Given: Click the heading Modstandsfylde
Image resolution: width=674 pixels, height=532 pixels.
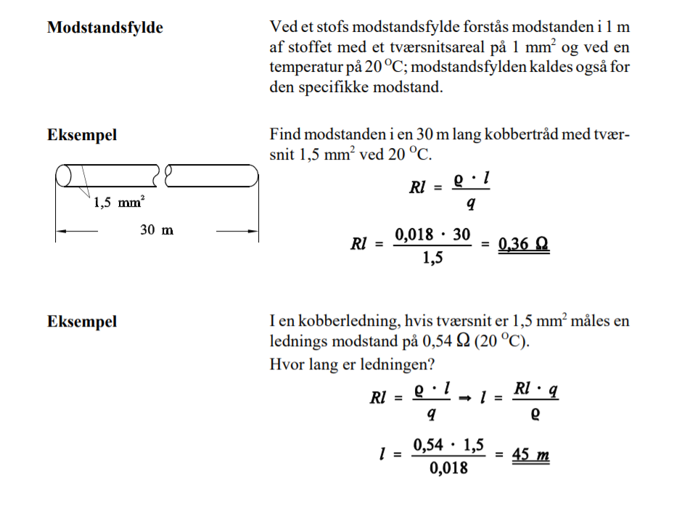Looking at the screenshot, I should [x=104, y=28].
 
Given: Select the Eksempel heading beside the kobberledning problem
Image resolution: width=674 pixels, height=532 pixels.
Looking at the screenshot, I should [x=82, y=322].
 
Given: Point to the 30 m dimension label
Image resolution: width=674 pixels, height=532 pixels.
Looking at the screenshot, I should [x=157, y=231].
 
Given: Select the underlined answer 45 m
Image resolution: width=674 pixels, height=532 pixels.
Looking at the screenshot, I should [x=530, y=456].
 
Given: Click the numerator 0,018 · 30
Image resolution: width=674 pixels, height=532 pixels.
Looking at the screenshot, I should [x=432, y=234].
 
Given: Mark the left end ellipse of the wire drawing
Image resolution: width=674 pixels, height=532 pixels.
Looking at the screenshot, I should [x=63, y=176].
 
